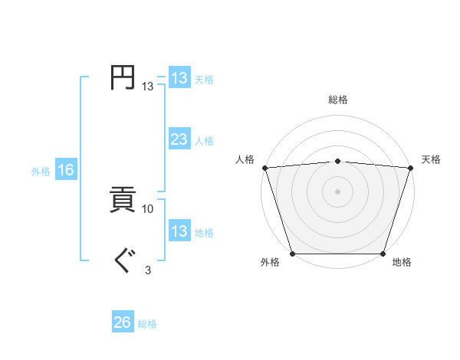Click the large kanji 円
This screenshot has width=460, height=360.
pos(123,77)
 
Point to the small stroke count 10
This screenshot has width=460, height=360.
pos(148,208)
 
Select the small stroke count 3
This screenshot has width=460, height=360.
pos(148,270)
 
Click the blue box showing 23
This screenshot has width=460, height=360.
pos(179,139)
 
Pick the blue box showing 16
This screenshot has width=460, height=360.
pos(66,171)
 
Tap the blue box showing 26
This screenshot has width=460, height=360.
pos(123,322)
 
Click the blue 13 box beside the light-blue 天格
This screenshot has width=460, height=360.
pos(179,78)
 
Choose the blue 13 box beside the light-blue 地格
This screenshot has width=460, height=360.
pos(179,231)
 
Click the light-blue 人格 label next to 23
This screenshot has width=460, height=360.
pos(204,141)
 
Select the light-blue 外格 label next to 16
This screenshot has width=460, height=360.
pos(41,172)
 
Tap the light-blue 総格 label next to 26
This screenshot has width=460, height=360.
pos(147,324)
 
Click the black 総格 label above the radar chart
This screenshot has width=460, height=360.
pos(338,100)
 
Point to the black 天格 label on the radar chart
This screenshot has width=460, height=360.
pos(431,159)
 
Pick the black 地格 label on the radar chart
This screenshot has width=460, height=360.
pos(402,263)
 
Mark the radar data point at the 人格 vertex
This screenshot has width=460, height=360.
pos(264,168)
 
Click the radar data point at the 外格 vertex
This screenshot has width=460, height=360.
pos(293,254)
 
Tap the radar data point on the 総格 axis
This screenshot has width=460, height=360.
pos(338,161)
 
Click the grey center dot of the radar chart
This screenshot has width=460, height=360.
pos(338,191)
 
